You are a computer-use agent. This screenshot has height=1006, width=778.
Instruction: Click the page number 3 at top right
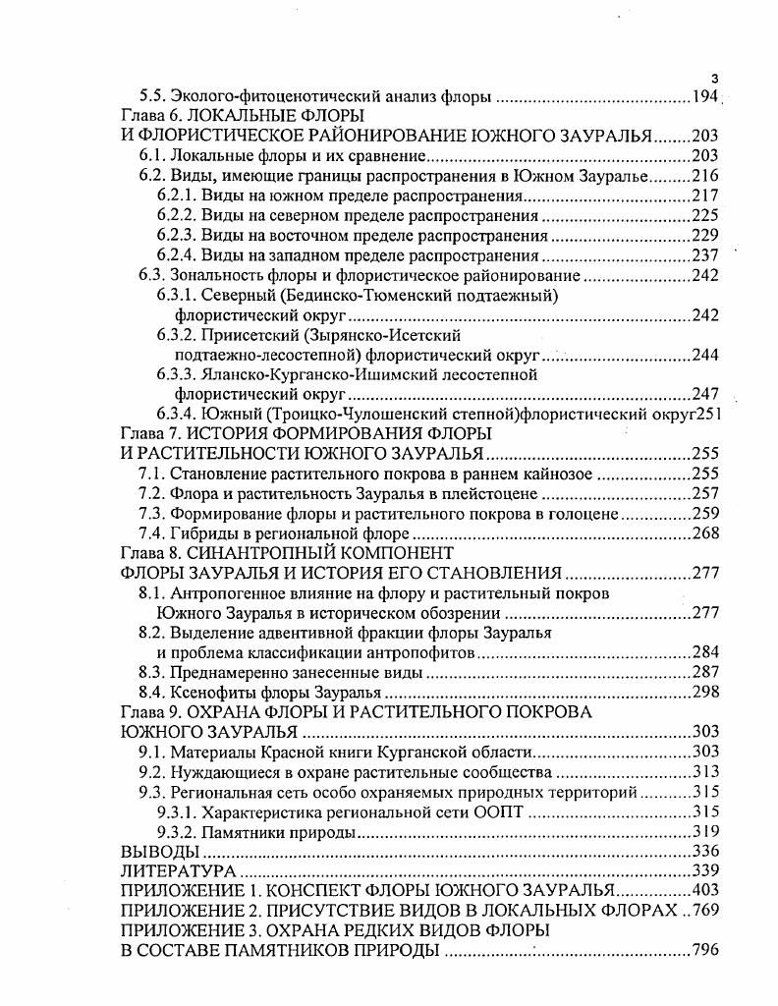pyautogui.click(x=715, y=79)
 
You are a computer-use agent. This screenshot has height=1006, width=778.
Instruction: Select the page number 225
pyautogui.click(x=705, y=215)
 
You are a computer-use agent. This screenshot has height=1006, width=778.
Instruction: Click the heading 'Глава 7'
pyautogui.click(x=149, y=433)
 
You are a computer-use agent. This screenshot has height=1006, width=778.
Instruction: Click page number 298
pyautogui.click(x=705, y=693)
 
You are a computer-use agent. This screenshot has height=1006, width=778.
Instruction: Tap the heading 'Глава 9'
pyautogui.click(x=149, y=712)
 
